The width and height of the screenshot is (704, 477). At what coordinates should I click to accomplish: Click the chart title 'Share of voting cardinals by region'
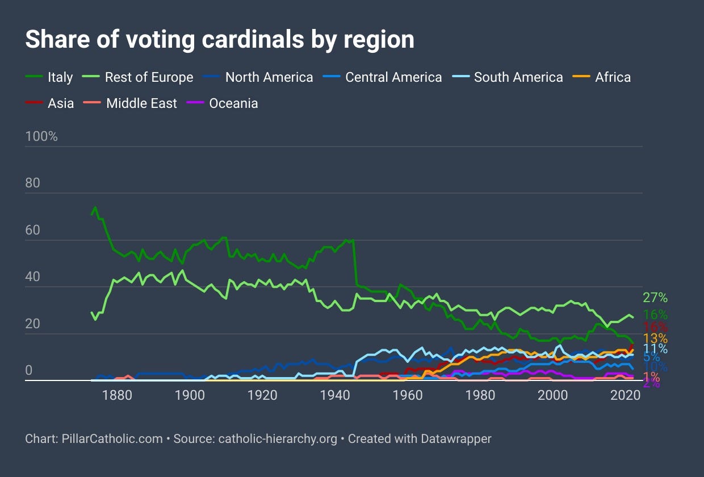click(x=219, y=40)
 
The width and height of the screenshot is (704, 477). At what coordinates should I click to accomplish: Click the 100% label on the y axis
click(x=41, y=137)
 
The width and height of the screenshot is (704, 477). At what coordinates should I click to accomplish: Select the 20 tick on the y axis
click(x=33, y=324)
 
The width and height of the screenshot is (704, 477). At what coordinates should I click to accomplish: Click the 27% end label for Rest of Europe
click(x=655, y=298)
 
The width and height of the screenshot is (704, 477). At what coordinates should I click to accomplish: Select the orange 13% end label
click(x=655, y=339)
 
